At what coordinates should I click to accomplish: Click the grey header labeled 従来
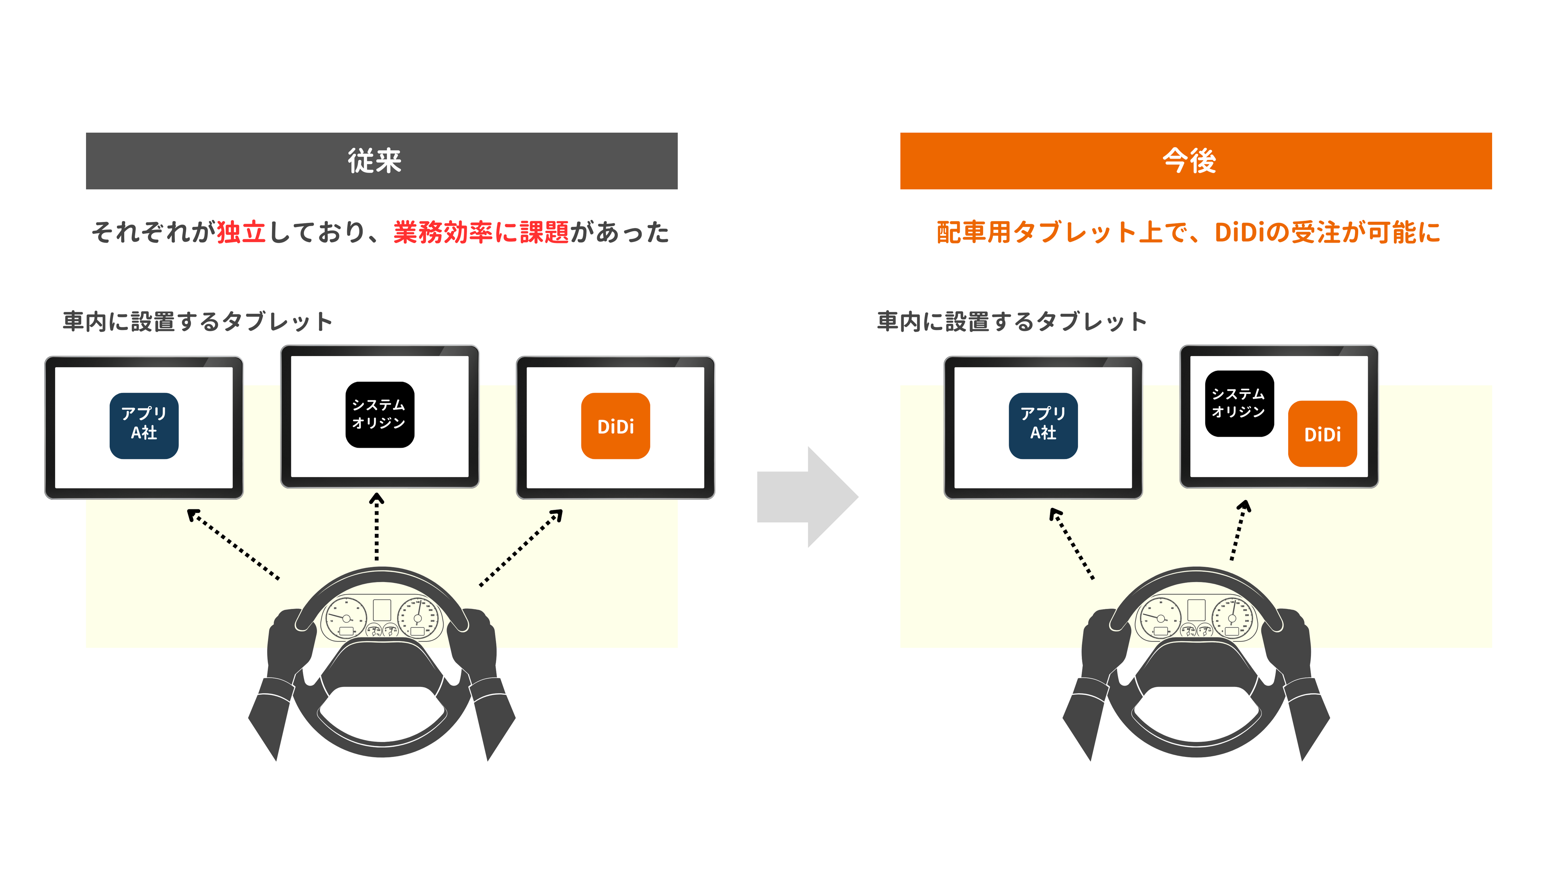[382, 161]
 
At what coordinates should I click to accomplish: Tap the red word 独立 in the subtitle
[241, 232]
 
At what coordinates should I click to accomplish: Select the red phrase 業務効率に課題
[481, 232]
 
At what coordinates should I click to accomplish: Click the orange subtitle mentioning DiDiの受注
[1188, 232]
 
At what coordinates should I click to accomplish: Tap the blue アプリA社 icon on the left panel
[144, 426]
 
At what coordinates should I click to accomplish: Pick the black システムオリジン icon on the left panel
[380, 414]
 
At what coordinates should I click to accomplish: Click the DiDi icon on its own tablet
[615, 426]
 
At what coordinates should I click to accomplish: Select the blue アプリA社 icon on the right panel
[1043, 426]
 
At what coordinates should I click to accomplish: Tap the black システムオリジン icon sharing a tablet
[1239, 403]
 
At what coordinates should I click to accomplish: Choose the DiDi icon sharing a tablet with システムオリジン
[1323, 434]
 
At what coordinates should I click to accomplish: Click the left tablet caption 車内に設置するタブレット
[198, 321]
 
